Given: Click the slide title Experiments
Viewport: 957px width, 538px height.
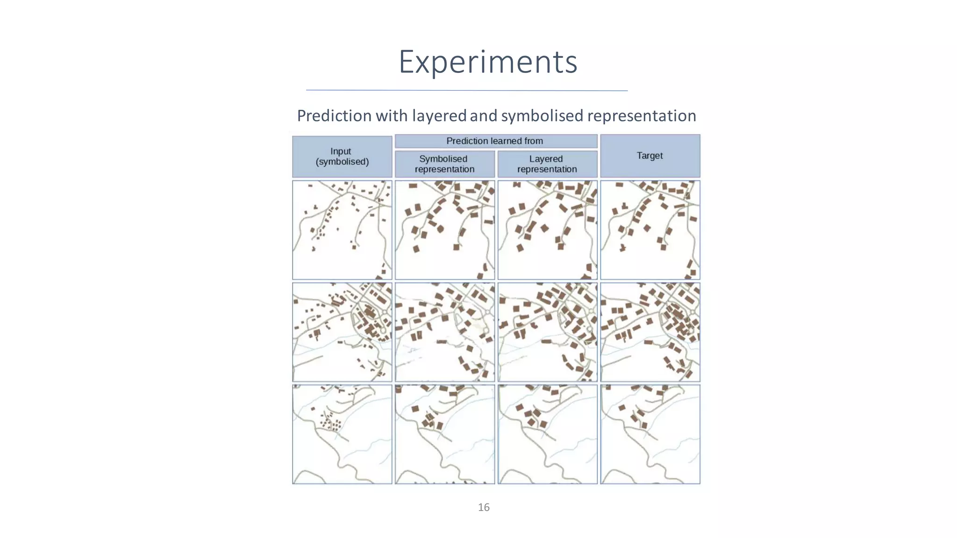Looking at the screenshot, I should (488, 62).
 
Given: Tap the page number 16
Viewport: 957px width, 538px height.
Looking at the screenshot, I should (484, 507).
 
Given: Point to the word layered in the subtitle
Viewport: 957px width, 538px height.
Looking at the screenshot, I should (439, 115).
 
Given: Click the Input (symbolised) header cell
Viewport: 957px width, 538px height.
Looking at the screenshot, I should (342, 156).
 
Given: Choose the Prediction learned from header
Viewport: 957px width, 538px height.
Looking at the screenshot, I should (495, 141).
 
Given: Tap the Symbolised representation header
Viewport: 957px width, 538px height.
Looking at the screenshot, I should (444, 164).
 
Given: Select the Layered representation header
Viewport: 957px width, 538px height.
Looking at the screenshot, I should (547, 164).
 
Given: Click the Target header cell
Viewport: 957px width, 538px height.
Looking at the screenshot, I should (650, 156).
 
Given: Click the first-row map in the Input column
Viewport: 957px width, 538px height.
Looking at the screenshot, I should (342, 230).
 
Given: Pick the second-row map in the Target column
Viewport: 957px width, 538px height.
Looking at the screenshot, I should (650, 332).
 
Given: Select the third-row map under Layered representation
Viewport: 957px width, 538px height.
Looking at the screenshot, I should (547, 434).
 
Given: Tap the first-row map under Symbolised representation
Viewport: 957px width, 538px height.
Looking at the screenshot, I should (444, 230).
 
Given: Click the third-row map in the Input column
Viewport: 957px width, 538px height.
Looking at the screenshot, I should (342, 434).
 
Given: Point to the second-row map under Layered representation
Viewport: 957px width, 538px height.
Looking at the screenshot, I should (547, 332).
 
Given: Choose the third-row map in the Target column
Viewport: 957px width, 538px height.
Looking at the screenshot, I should (650, 434).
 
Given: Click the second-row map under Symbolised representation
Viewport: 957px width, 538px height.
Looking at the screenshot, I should (444, 332).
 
